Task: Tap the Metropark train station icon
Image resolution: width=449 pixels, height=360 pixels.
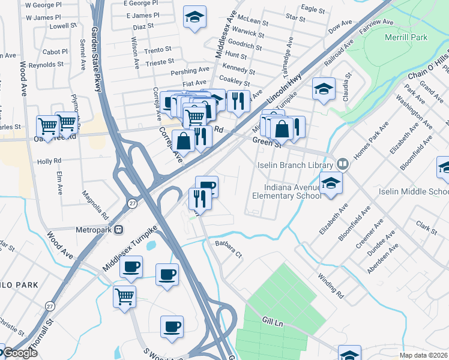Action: pos(119,229)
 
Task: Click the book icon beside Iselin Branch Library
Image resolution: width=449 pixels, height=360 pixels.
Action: pos(342,164)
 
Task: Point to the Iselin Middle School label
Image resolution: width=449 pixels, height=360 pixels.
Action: pos(413,192)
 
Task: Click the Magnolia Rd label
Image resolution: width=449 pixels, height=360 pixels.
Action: pos(96,205)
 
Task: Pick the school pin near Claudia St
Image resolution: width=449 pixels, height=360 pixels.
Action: pos(324,90)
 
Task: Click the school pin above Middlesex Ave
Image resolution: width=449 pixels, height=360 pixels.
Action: pos(194,19)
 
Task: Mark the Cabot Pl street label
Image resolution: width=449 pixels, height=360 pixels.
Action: pos(55,52)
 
